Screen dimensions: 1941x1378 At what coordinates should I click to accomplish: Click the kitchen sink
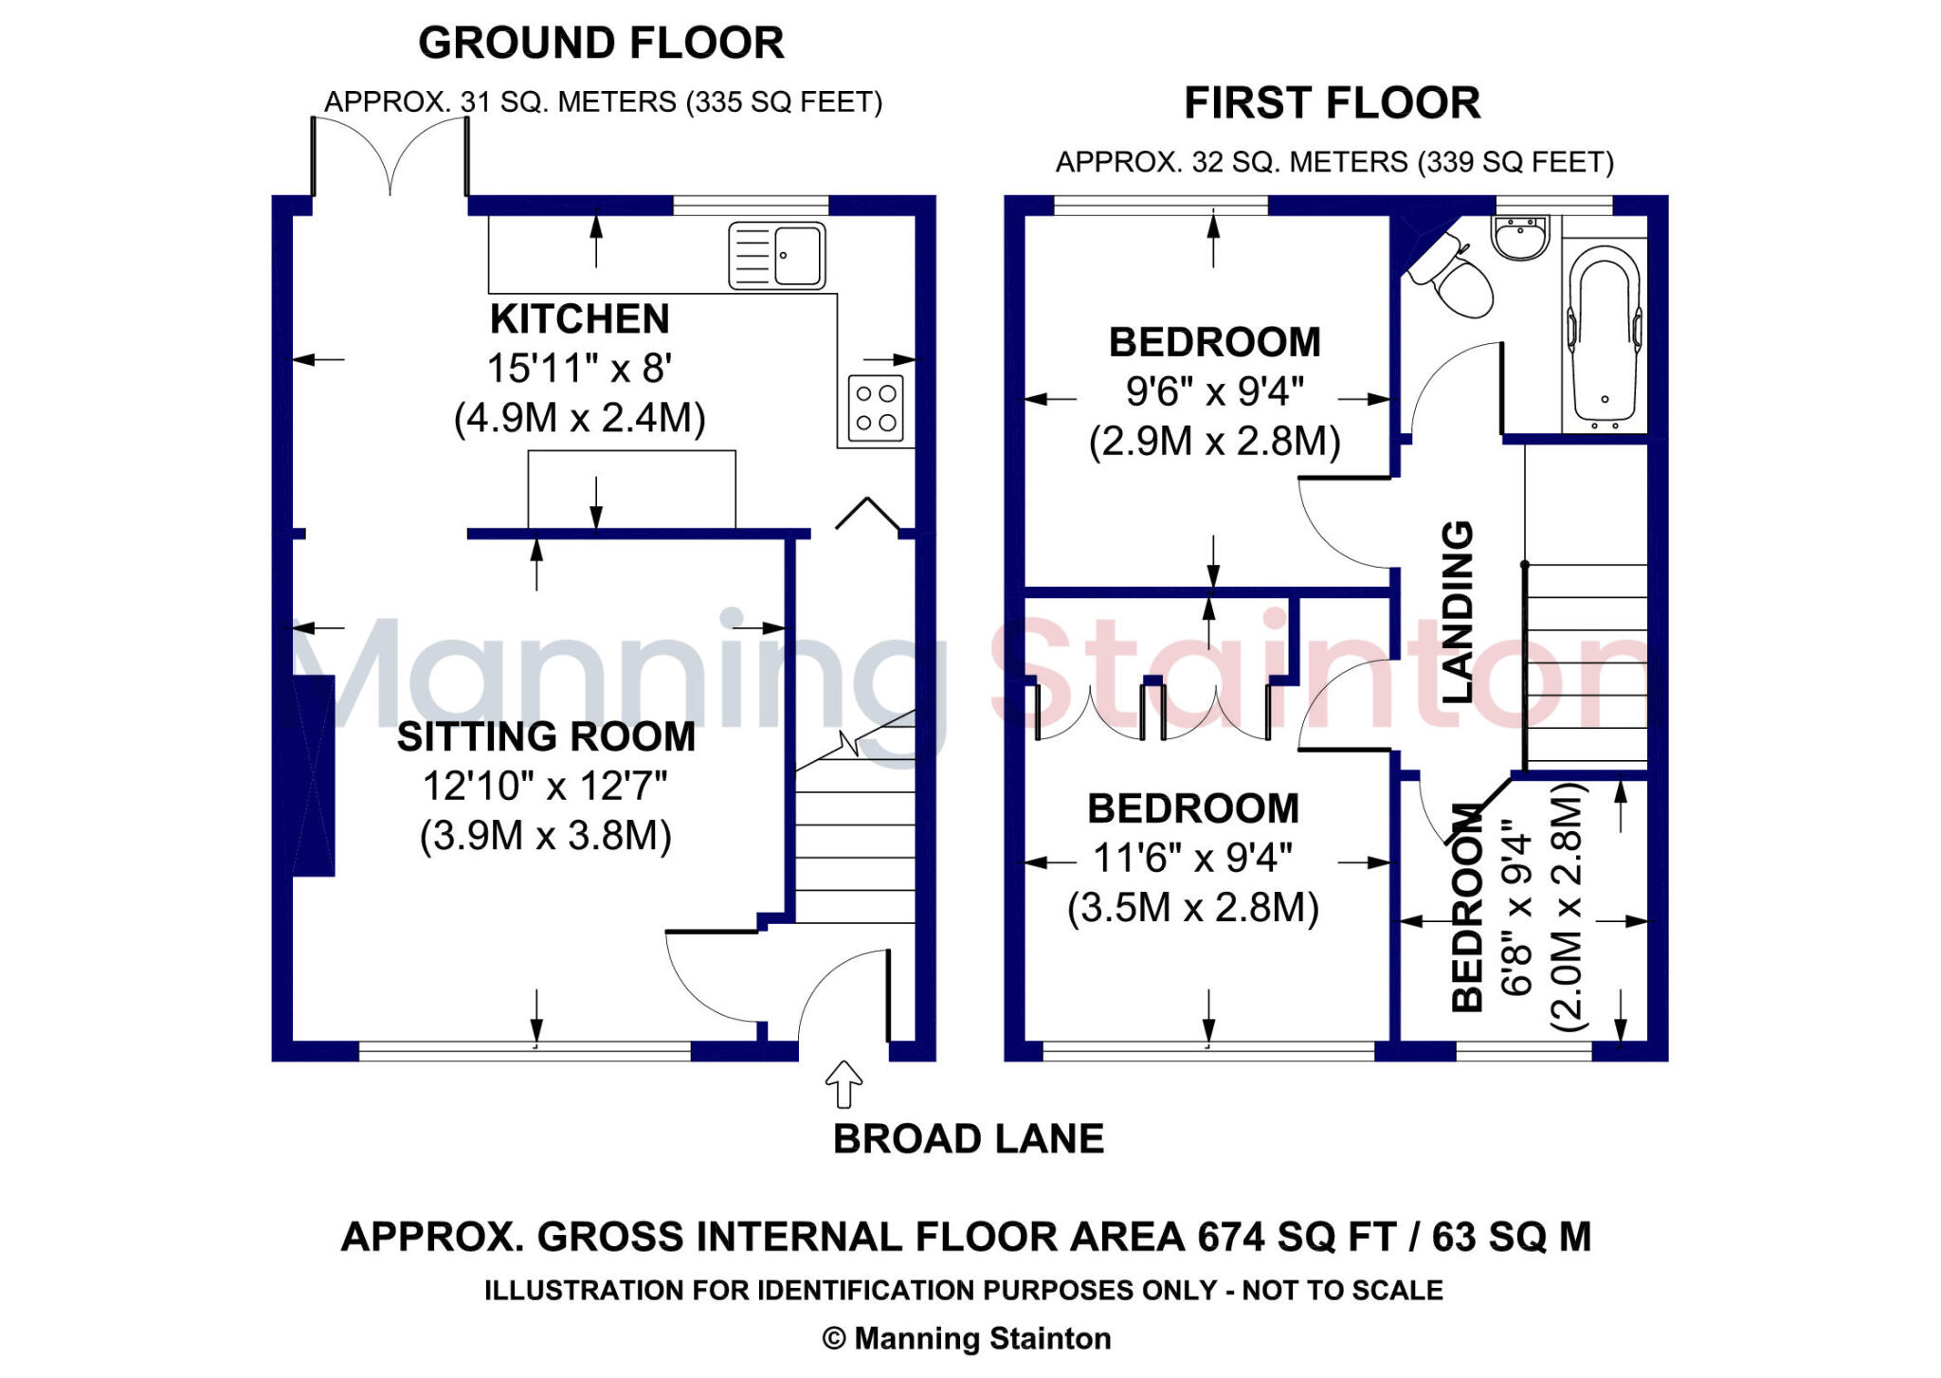coord(777,255)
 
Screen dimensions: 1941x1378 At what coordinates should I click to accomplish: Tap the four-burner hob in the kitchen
coord(876,408)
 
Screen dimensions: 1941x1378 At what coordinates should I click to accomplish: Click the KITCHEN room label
coord(580,319)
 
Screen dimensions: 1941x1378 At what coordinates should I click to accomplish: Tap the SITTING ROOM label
coord(546,737)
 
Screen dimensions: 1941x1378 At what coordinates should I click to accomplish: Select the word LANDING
coord(1458,611)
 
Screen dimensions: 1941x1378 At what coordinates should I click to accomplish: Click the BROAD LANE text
coord(969,1139)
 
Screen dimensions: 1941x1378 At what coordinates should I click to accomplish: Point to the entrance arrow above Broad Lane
coord(844,1084)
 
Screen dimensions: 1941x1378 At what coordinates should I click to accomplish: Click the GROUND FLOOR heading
coord(602,44)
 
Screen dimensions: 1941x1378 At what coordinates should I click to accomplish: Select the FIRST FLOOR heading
coord(1333,103)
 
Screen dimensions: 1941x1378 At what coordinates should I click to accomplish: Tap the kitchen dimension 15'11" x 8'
coord(580,369)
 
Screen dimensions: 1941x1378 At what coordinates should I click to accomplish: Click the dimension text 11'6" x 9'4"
coord(1192,859)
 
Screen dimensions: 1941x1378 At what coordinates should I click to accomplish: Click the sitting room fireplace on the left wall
coord(314,775)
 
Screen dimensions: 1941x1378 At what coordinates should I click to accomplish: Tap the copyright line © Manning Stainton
coord(967,1338)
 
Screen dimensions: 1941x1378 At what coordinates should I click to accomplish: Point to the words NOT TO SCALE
coord(1343,1291)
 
